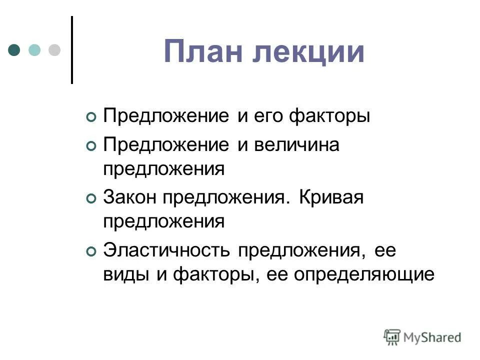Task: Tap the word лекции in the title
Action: [x=308, y=52]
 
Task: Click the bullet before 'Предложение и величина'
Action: [x=90, y=146]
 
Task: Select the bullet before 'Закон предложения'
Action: [x=90, y=199]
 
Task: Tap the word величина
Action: [x=296, y=145]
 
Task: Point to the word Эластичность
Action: [x=166, y=251]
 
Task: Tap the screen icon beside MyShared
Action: [x=392, y=337]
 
